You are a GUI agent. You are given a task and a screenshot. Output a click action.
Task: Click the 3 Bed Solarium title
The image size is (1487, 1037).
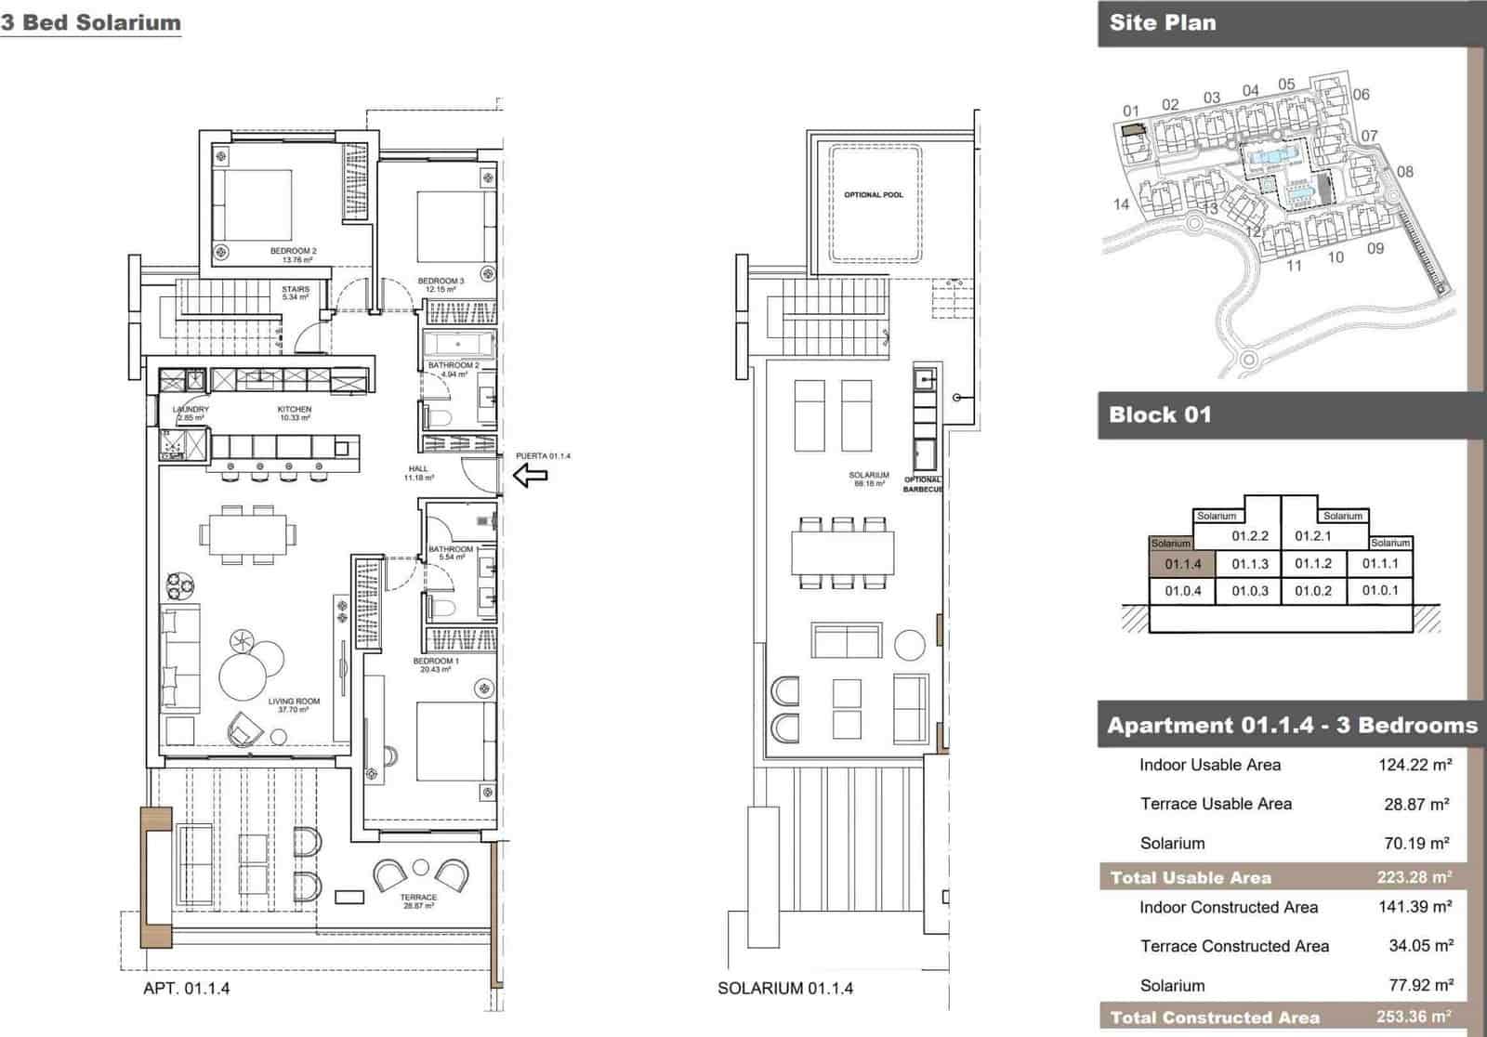tap(90, 23)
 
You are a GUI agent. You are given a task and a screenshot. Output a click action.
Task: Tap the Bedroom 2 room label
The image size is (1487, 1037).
tap(294, 255)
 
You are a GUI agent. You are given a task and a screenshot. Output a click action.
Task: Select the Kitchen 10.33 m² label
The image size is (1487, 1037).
tap(295, 413)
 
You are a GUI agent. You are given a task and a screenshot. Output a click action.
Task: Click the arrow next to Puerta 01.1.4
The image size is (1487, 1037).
tap(531, 477)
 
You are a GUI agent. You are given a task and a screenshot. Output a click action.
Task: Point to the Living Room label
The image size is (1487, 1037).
tap(294, 705)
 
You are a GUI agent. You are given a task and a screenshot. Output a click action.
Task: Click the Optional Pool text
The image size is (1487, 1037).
tap(873, 195)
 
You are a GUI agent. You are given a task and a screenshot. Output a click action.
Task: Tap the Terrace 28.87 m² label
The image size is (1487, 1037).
tap(418, 901)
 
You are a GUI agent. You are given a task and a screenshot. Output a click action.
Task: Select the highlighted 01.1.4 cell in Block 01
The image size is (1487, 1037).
tap(1182, 564)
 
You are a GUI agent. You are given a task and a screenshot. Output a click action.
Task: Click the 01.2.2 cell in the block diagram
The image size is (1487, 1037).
tap(1250, 536)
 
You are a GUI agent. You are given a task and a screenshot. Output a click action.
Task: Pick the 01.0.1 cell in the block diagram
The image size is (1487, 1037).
tap(1380, 590)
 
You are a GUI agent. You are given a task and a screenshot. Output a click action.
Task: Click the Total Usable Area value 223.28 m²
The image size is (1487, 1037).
tap(1414, 877)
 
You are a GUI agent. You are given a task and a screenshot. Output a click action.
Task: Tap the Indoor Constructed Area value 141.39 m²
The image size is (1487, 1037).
tap(1415, 907)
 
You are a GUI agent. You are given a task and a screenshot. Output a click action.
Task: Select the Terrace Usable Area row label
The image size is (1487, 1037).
tap(1216, 804)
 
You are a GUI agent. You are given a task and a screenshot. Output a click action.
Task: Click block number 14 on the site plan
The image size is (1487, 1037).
tap(1121, 204)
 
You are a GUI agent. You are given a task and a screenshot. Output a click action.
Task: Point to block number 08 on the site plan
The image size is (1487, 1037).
tap(1404, 172)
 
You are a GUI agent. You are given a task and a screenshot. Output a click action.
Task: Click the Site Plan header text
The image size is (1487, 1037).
tap(1162, 23)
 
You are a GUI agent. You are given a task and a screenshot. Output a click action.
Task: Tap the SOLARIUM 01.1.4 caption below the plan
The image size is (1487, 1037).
tap(785, 989)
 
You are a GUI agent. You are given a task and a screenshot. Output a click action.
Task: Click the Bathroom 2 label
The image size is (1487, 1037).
tap(454, 370)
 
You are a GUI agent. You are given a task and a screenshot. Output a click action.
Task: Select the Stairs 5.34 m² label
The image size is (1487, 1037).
tap(296, 294)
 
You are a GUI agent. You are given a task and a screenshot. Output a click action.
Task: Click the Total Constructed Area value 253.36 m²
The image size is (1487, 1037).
tap(1414, 1017)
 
